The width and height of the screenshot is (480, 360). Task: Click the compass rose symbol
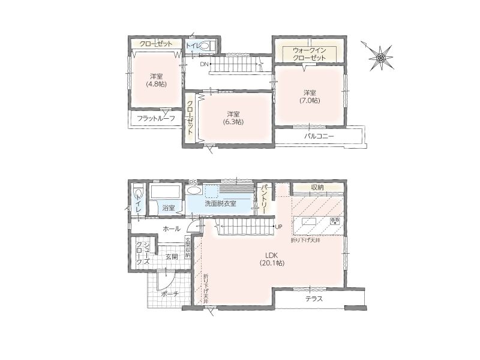point(380,57)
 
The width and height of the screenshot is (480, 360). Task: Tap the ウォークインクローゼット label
point(309,54)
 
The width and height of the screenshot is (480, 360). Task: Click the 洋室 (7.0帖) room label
point(310,96)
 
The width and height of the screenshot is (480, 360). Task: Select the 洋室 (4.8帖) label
point(156,80)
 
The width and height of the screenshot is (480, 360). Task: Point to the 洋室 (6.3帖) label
point(233,118)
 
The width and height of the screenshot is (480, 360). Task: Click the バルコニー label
point(319,137)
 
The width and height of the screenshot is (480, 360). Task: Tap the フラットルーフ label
point(156,118)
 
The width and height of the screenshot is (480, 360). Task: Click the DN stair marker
point(204,64)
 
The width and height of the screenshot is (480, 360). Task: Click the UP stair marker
point(278,227)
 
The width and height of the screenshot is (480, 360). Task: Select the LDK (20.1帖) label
point(272,259)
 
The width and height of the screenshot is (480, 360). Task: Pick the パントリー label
point(262,199)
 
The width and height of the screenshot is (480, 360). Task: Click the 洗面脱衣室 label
point(220,203)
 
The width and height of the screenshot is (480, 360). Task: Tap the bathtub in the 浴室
point(164,192)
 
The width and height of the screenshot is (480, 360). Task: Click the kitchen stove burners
point(335,221)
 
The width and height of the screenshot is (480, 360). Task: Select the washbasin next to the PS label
point(194,190)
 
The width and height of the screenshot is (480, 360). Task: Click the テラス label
point(314,299)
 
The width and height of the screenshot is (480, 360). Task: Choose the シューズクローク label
point(142,253)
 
